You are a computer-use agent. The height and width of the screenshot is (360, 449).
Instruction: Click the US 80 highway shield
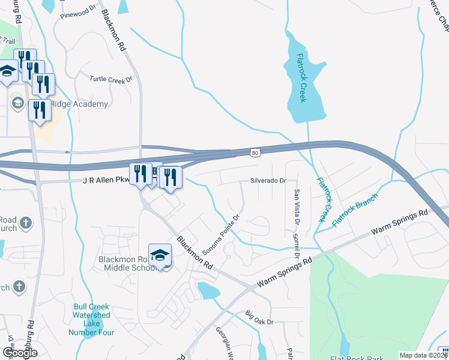(x=256, y=153)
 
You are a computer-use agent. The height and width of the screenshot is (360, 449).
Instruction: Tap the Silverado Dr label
(x=267, y=180)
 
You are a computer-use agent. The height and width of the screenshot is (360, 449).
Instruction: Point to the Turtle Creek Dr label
(x=110, y=79)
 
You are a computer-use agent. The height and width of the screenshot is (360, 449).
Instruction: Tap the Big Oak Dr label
(x=259, y=314)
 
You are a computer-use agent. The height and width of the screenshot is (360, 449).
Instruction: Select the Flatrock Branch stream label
(x=355, y=209)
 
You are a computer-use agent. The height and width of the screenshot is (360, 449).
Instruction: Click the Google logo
(x=19, y=353)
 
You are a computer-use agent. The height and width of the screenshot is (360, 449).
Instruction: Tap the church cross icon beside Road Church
(x=25, y=223)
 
